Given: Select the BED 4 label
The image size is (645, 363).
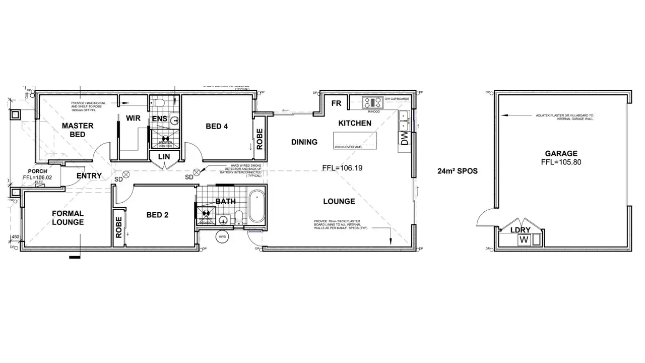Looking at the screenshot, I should [217, 126].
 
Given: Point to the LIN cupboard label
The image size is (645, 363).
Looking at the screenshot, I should [164, 157].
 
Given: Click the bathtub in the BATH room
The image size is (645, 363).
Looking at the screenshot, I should [256, 207].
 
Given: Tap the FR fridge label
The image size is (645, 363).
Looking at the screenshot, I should [337, 103].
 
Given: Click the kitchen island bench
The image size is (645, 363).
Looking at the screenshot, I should [355, 140].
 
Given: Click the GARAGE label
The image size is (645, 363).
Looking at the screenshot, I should [561, 154].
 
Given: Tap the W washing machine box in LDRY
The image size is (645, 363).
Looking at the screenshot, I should [524, 239].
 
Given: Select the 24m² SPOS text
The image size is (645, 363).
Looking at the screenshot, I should [458, 171].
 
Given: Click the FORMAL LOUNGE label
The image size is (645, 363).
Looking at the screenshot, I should [68, 218].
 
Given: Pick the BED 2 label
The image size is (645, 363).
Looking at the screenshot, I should [157, 215].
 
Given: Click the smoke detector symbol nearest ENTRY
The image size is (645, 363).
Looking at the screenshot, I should [126, 174].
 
